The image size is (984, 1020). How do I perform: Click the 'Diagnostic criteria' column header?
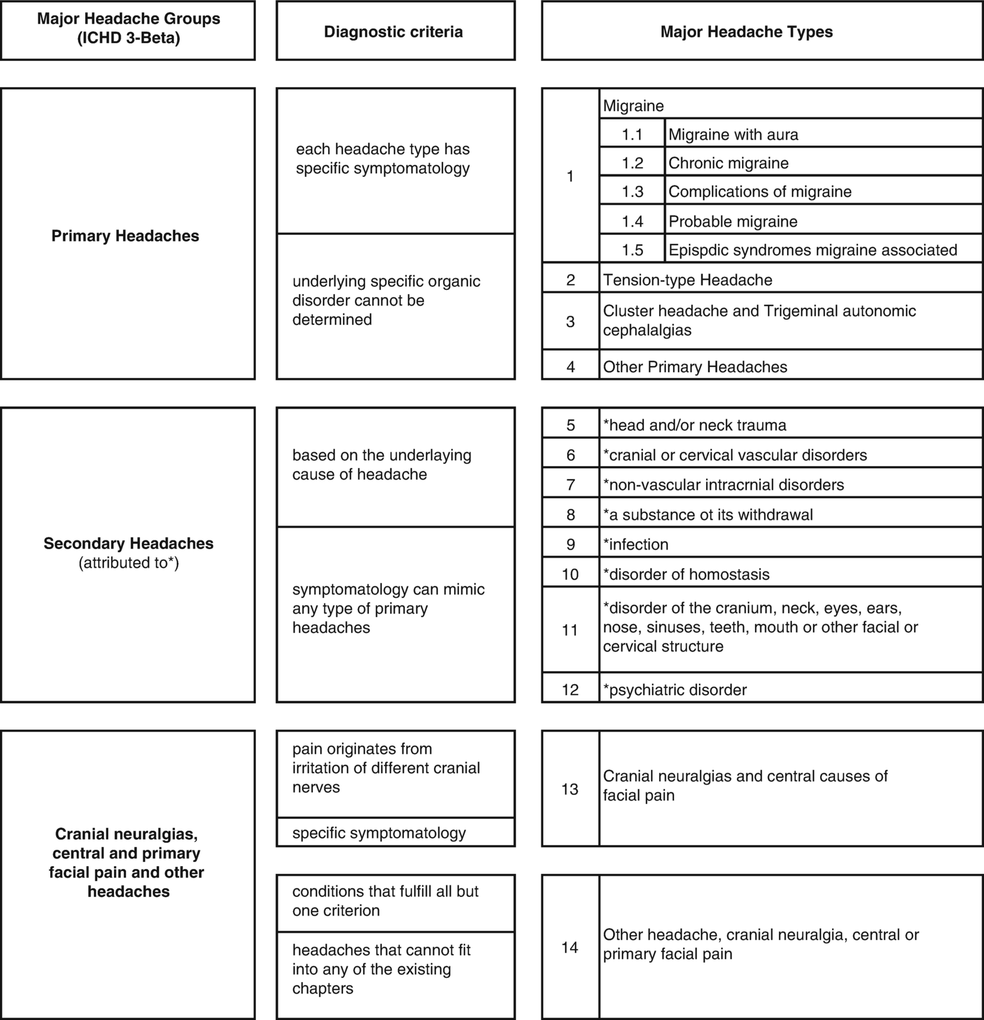[x=393, y=32]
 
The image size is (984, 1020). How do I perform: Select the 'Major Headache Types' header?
[x=746, y=32]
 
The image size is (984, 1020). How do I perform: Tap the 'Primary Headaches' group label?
[x=125, y=236]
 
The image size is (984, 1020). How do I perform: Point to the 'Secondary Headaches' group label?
[x=128, y=544]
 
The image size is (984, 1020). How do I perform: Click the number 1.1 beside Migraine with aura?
[x=632, y=135]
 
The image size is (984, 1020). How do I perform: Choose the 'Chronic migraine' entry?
[x=729, y=163]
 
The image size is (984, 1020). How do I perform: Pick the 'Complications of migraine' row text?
[x=760, y=192]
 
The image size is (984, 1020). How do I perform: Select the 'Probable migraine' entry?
[x=733, y=221]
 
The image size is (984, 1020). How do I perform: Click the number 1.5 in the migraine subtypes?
[x=632, y=250]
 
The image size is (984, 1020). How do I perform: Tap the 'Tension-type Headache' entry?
[x=687, y=280]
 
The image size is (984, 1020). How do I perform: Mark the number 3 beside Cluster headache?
[x=570, y=322]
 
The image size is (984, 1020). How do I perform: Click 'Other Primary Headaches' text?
[x=695, y=367]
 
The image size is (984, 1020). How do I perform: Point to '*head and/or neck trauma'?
[x=694, y=425]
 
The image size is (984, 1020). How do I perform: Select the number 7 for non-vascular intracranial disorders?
[x=570, y=485]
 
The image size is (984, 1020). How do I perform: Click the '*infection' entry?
[x=636, y=544]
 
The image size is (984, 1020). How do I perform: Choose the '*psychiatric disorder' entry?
[x=675, y=690]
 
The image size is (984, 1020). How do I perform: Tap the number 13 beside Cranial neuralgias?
[x=569, y=789]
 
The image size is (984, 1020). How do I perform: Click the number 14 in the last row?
[x=569, y=948]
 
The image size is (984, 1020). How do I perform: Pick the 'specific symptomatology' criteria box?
[x=379, y=833]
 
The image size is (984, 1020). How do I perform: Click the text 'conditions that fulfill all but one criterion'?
[x=385, y=901]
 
